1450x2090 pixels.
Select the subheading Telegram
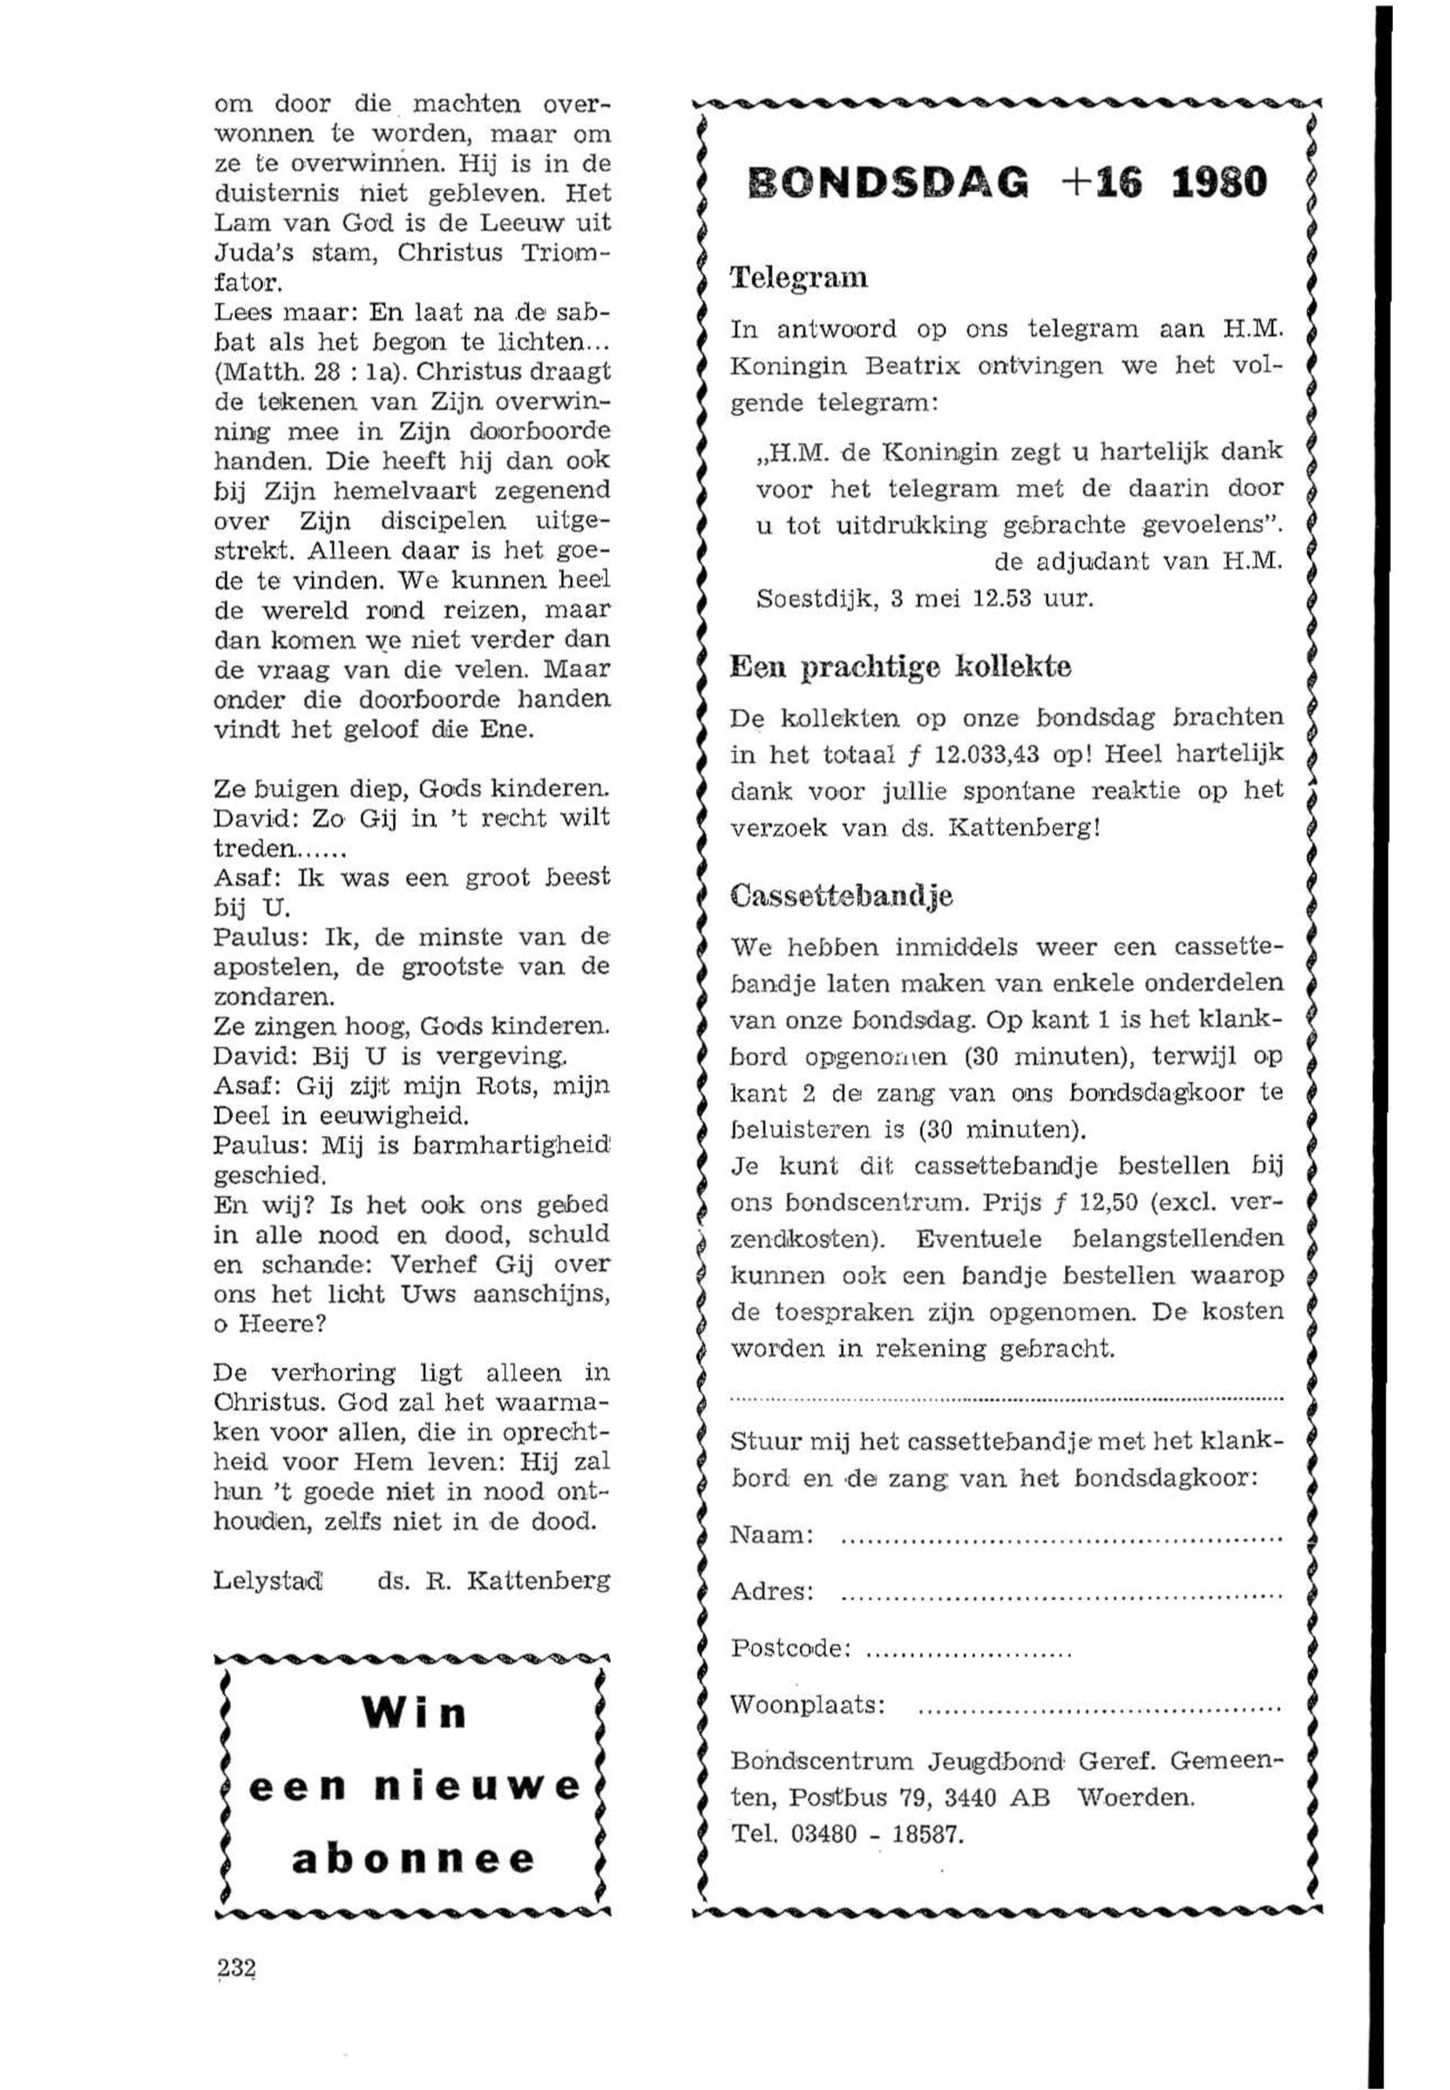pos(799,277)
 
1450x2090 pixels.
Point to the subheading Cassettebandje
pos(842,896)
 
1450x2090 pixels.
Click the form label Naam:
pos(771,1535)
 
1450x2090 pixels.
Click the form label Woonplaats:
pos(808,1705)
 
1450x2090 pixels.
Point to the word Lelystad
pos(268,1580)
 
